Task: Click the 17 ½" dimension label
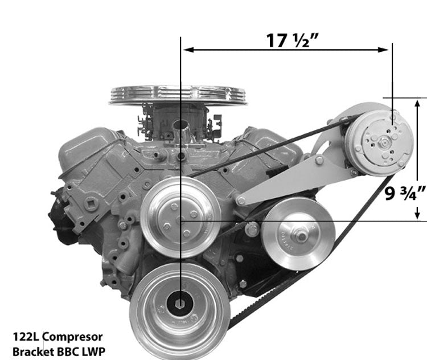[292, 40]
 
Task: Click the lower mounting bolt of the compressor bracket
[241, 201]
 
